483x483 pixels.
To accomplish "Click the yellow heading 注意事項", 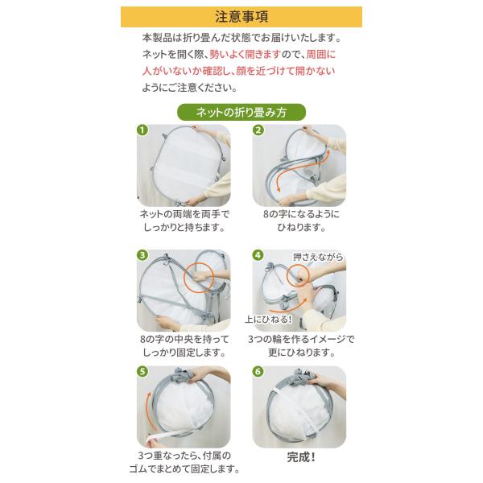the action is point(242,17).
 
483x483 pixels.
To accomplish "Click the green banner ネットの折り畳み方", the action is point(242,112).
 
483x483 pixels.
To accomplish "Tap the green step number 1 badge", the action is point(142,130).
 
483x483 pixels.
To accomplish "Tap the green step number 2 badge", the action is point(258,130).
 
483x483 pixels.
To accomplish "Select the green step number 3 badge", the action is point(142,255).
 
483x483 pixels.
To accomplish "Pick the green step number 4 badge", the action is point(258,255).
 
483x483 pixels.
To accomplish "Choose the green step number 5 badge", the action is point(142,371).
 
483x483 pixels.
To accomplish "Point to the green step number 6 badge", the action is point(258,371).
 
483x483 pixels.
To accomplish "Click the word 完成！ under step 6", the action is point(301,457).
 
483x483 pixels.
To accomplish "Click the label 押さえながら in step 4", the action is point(318,258).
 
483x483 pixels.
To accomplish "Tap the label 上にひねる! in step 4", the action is point(268,319).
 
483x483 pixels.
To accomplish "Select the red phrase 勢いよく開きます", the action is point(246,55).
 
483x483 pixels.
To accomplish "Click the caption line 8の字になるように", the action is point(301,214).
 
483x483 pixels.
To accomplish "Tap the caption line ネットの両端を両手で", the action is point(184,214).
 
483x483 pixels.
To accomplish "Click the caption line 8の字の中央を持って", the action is point(184,339).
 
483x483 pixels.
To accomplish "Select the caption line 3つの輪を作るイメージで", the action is point(301,339).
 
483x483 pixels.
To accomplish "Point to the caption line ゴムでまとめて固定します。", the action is point(184,469).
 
